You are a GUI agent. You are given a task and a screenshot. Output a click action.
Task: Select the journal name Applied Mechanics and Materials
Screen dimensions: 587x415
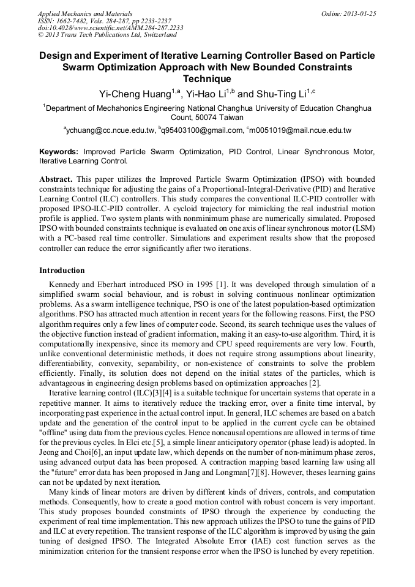coord(85,13)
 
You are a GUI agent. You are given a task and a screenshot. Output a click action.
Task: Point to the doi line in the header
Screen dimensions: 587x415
coord(110,28)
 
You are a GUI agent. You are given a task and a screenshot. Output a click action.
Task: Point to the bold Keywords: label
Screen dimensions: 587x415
coord(59,152)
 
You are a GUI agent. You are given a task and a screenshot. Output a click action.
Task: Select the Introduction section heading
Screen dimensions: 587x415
coord(62,270)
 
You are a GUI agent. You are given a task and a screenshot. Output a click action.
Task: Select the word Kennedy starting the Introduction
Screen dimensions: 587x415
coord(65,285)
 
